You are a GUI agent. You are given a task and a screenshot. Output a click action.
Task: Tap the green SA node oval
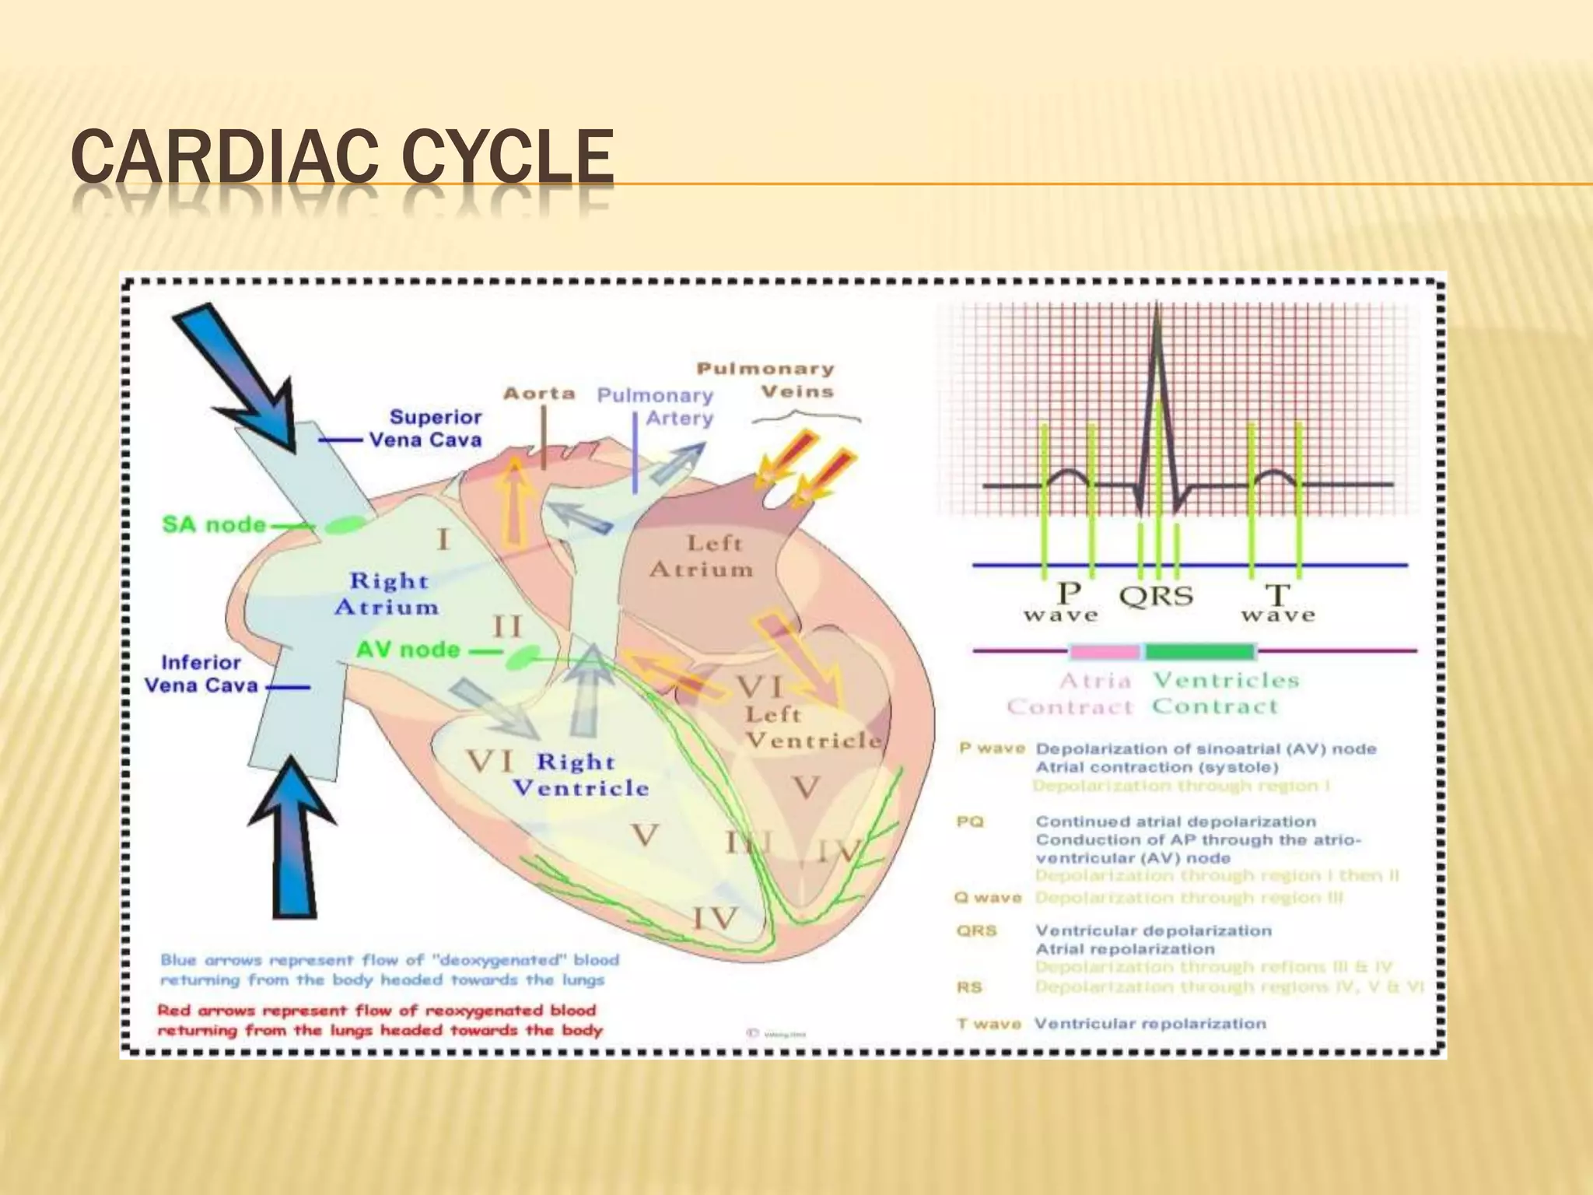[344, 525]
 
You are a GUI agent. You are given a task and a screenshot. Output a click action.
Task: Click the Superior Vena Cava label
[425, 428]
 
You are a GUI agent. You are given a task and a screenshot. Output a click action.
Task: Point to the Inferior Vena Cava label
[201, 674]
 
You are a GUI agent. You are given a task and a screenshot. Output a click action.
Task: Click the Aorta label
[539, 394]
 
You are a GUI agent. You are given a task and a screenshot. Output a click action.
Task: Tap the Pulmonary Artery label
[655, 406]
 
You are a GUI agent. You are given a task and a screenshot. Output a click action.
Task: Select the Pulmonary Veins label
[765, 380]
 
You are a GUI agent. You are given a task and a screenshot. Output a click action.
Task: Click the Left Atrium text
[702, 556]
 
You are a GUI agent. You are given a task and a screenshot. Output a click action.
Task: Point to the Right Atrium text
[387, 594]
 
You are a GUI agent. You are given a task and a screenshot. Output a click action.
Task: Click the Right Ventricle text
[581, 775]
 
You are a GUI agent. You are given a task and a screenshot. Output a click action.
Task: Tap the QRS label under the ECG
[1156, 597]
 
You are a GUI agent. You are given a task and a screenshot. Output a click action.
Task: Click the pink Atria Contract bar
[1104, 650]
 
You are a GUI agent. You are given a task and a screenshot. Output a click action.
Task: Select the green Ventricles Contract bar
[1199, 650]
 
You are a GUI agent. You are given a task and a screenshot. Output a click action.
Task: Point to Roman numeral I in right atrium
[443, 539]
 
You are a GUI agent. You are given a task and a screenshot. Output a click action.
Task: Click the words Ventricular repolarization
[1150, 1024]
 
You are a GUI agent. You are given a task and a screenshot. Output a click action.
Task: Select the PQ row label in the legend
[970, 822]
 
